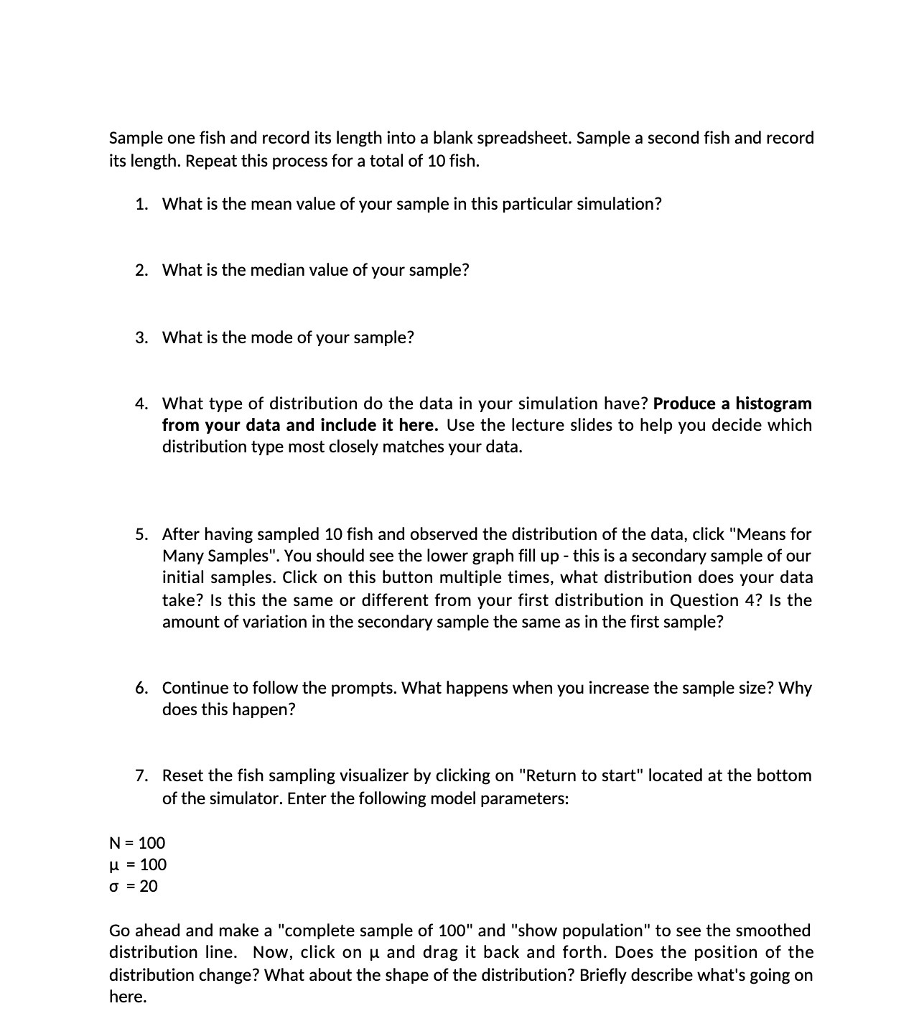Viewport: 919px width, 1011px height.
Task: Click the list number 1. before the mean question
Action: point(141,204)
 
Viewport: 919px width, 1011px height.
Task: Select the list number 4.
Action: point(141,404)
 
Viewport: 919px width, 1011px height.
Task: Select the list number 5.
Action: point(141,534)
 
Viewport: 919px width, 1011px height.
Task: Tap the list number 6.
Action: point(141,688)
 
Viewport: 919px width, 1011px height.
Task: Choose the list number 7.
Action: point(141,775)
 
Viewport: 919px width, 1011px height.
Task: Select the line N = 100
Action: point(137,843)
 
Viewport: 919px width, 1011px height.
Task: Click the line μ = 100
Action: point(138,865)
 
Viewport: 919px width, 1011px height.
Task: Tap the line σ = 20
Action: point(134,886)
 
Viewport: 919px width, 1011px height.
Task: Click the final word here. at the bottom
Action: point(128,997)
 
